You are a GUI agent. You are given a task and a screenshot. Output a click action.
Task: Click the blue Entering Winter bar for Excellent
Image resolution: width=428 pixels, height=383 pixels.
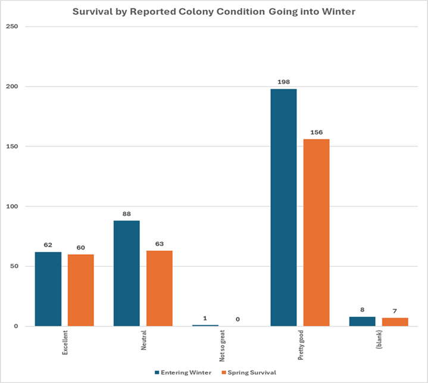click(48, 289)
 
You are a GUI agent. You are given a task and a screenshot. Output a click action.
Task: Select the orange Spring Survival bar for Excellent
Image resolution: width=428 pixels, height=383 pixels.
click(80, 290)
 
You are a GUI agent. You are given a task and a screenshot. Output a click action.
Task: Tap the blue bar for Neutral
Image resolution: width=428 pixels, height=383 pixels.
click(126, 273)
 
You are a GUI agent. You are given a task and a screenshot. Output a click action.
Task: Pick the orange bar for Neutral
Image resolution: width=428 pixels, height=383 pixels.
click(159, 288)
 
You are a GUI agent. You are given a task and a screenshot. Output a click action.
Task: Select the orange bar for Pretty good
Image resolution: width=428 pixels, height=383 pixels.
click(316, 232)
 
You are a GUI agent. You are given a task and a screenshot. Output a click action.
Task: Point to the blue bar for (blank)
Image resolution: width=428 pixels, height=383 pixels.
click(362, 322)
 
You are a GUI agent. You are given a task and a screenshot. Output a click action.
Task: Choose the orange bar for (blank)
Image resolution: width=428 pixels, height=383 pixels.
click(395, 322)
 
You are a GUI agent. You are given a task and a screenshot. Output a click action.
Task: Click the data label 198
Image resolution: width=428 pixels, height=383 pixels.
click(283, 82)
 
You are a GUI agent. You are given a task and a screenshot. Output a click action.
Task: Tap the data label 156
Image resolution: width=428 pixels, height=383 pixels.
click(316, 132)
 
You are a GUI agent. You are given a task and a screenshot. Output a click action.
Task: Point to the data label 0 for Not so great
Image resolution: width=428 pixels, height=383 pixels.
click(238, 319)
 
